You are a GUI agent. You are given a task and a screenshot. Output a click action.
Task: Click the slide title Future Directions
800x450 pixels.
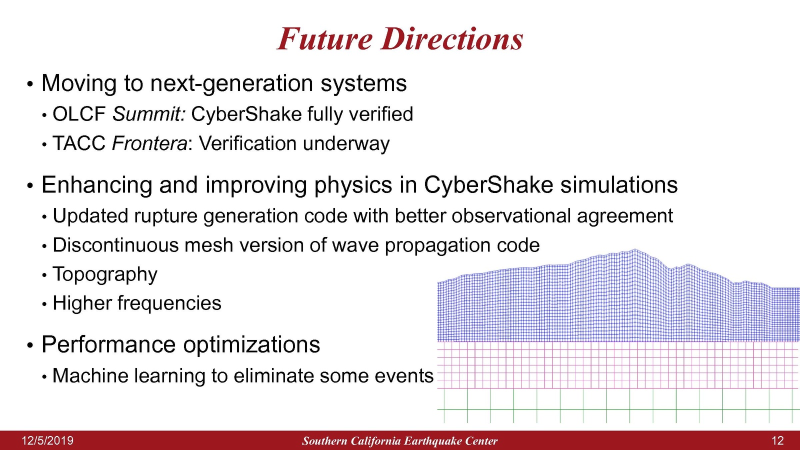point(400,38)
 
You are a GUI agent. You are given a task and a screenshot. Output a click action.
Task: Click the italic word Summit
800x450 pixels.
point(149,114)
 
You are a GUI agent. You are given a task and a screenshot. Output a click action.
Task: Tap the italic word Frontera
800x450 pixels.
point(149,143)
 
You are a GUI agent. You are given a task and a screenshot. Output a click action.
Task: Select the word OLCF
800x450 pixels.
point(79,114)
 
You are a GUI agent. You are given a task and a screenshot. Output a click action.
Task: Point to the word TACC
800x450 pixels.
point(79,143)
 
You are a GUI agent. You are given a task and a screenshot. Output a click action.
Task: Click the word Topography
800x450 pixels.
point(105,274)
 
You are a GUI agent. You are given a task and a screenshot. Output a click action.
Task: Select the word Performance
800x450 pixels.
point(108,344)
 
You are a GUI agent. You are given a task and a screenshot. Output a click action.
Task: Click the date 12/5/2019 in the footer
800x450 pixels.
point(47,440)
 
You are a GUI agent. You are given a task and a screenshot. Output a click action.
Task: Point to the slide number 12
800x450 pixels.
point(778,440)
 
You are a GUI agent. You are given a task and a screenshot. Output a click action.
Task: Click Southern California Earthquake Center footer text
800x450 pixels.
point(400,441)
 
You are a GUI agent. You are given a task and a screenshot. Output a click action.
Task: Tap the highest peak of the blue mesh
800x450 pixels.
point(635,249)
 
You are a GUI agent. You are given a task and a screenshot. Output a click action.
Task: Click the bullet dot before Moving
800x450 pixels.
point(30,84)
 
